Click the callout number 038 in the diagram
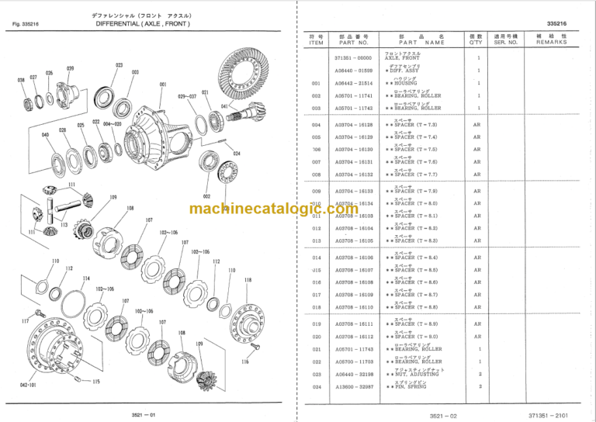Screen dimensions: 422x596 coord(21,80)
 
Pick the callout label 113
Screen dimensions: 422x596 coord(64,225)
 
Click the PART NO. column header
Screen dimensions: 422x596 coord(353,42)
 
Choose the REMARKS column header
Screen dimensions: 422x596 coord(551,42)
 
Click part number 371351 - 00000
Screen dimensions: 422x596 coord(353,58)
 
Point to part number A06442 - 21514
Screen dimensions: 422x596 coord(353,84)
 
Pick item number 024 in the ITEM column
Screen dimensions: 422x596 coord(316,386)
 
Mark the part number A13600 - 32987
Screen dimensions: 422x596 coord(353,386)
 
